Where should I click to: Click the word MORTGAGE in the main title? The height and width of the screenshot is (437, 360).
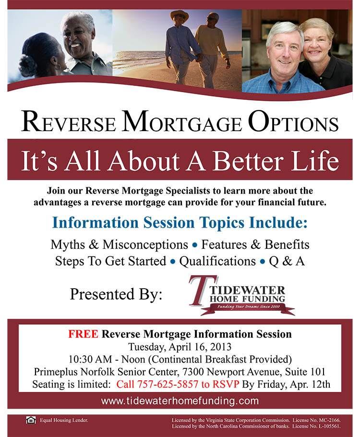[x=181, y=122]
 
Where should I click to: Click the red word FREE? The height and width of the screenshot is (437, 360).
[x=83, y=334]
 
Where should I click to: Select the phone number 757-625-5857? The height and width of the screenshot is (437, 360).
[x=168, y=384]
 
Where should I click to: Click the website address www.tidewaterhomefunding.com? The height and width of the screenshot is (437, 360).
[x=180, y=401]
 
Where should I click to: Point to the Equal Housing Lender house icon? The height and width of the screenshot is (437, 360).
[x=31, y=420]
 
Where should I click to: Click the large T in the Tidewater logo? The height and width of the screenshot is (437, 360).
[x=202, y=291]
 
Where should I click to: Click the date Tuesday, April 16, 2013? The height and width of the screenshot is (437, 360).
[x=180, y=347]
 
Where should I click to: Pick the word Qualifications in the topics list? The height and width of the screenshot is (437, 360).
[x=217, y=261]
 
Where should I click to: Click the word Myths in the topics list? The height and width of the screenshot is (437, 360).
[x=68, y=245]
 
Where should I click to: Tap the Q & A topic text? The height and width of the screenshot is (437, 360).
[x=287, y=261]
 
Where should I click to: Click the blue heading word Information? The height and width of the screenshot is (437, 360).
[x=96, y=223]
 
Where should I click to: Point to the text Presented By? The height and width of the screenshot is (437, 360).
[x=116, y=294]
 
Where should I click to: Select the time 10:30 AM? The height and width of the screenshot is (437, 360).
[x=90, y=359]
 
